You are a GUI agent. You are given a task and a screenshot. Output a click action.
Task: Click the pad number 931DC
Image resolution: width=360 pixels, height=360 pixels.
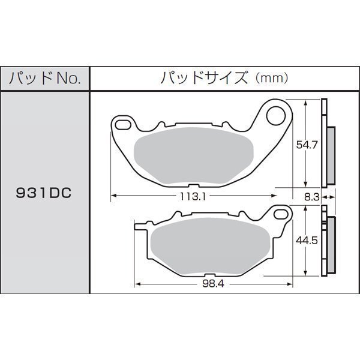(x=44, y=193)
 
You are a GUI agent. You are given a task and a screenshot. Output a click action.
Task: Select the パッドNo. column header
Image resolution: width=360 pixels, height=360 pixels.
(x=45, y=79)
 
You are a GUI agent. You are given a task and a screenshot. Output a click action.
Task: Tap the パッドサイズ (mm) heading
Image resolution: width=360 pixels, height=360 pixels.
(x=224, y=78)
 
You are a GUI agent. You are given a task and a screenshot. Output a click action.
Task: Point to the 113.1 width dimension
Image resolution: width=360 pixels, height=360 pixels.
(x=193, y=197)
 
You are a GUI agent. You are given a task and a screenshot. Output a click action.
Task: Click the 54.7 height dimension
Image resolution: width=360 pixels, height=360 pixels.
(x=307, y=145)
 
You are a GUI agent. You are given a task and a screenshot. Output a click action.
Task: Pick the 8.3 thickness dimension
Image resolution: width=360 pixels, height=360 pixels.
(x=311, y=197)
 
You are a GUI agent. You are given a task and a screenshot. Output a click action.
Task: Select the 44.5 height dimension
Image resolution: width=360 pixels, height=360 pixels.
(x=307, y=241)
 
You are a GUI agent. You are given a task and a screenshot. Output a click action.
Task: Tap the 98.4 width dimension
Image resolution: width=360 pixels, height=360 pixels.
(x=213, y=284)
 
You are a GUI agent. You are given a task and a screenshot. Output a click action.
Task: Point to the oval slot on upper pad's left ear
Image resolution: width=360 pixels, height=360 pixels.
(x=123, y=125)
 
